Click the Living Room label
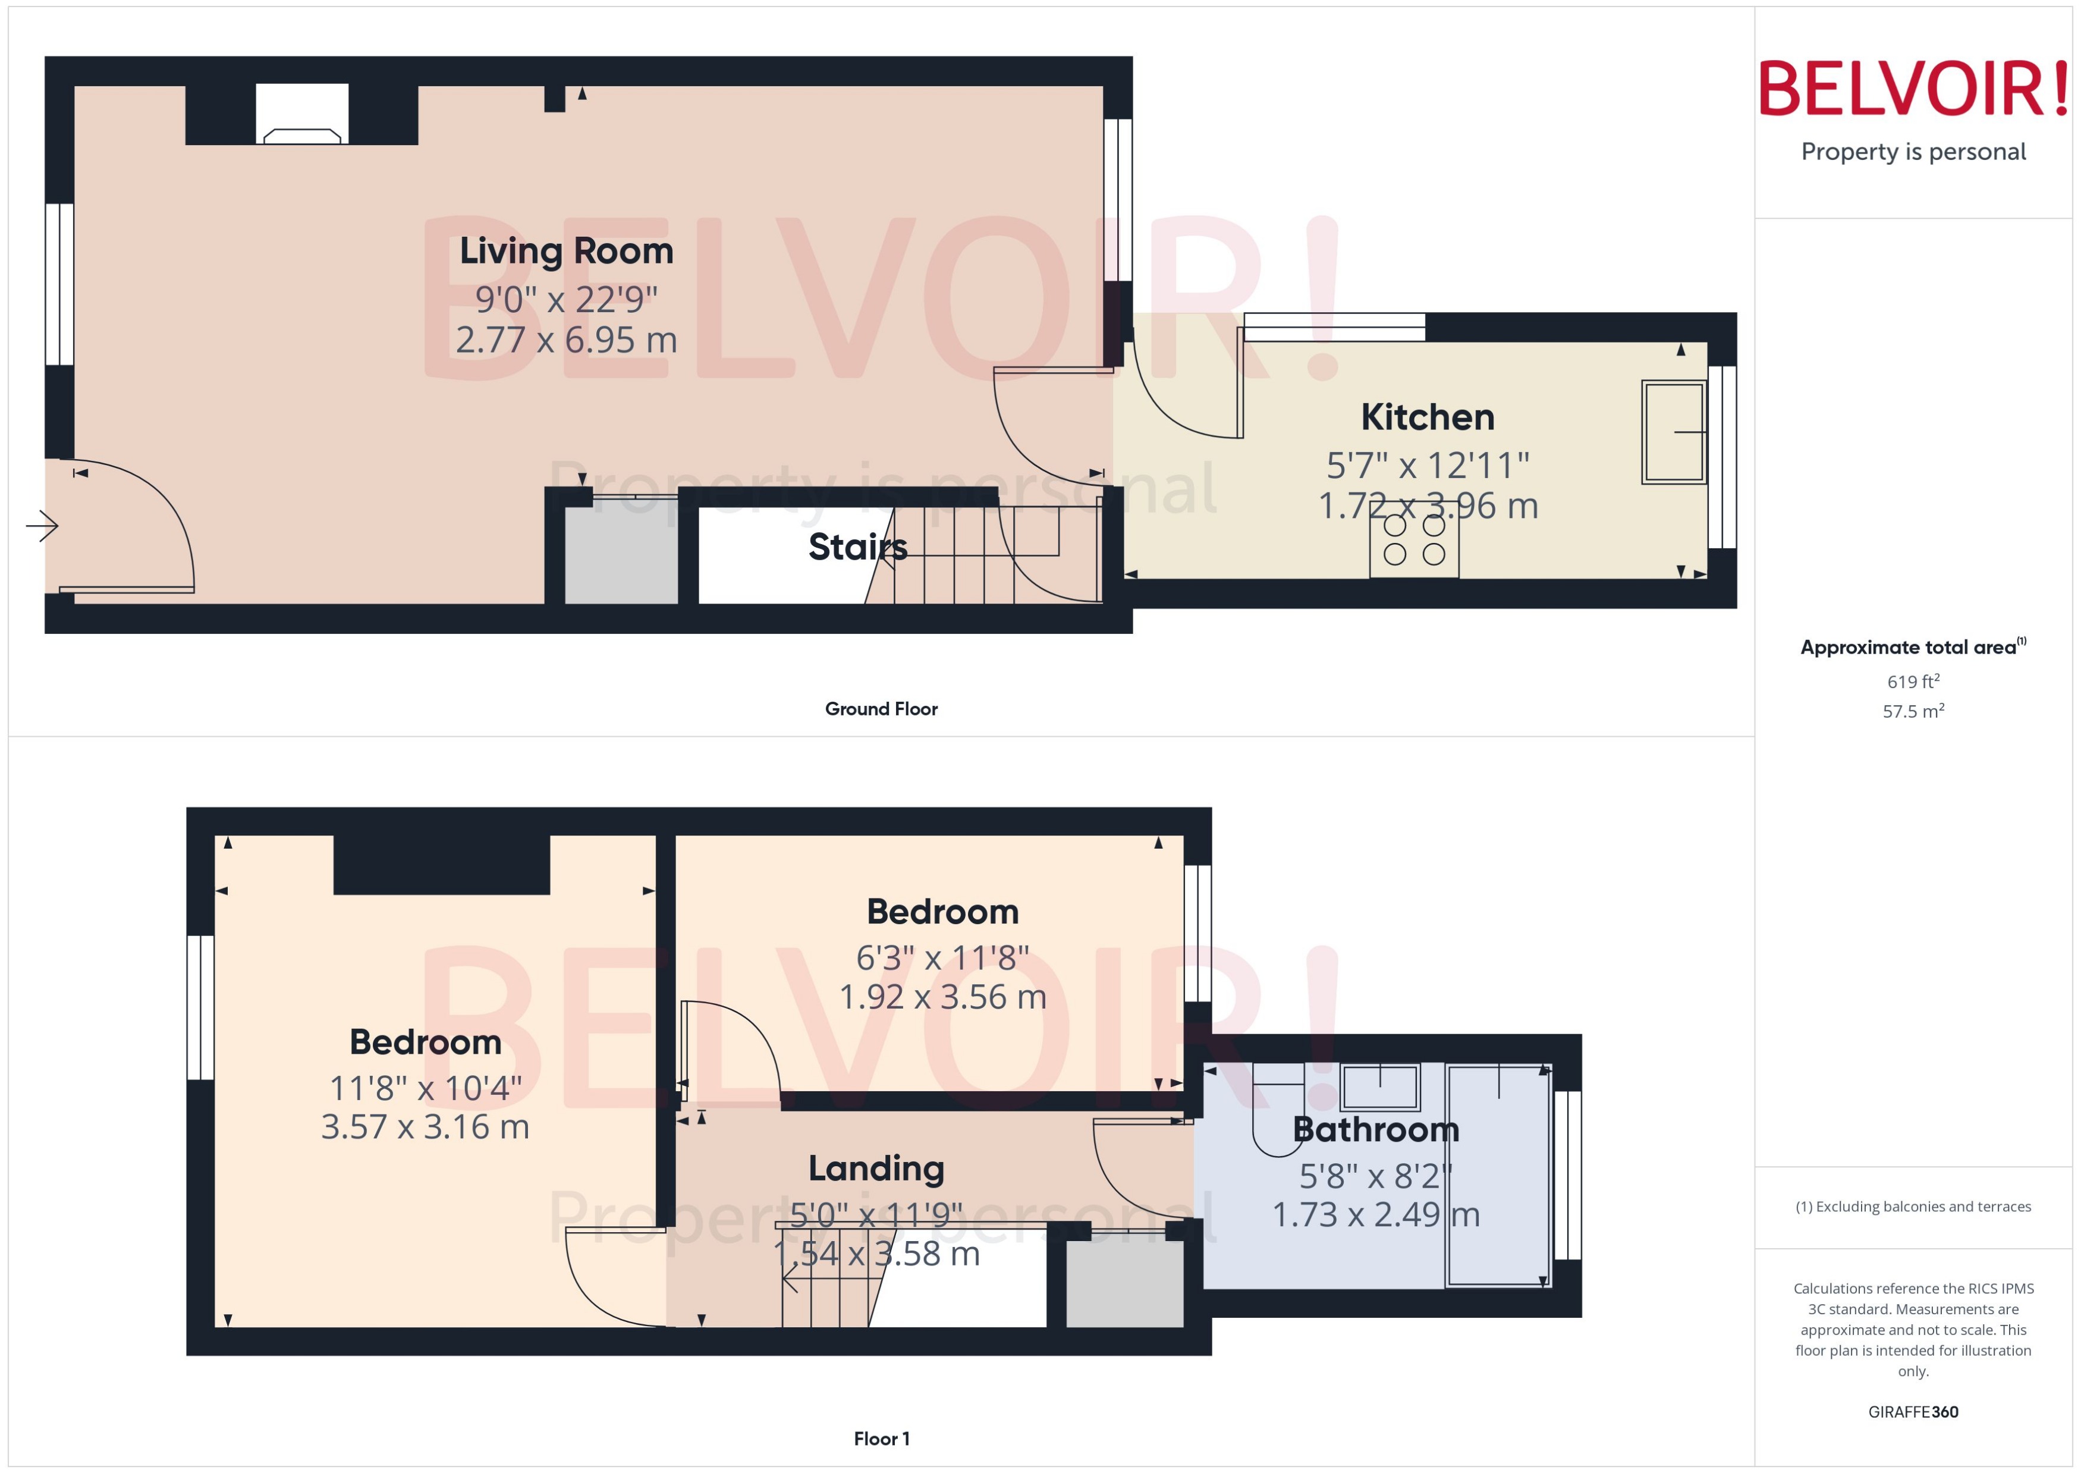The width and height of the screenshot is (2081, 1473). coord(566,251)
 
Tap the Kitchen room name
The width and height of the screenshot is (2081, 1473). coord(1427,417)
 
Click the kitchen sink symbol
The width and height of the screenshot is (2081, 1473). coord(1673,432)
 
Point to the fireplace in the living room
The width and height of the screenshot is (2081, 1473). coord(302,115)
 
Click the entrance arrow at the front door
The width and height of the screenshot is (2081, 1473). coord(42,525)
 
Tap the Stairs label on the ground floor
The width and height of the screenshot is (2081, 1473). coord(857,547)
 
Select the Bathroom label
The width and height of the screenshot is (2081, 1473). coord(1376,1129)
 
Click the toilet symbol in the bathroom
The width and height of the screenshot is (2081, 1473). coord(1278,1117)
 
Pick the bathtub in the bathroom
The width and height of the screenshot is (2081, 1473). coord(1498,1176)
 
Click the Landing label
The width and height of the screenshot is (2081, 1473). coord(876,1169)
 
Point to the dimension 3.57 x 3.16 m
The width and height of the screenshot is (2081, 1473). coord(425,1126)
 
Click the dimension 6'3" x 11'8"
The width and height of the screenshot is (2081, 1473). coord(942,958)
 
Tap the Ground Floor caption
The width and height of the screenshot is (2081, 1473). coord(881,709)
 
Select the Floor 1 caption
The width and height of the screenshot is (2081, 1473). coord(881,1439)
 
